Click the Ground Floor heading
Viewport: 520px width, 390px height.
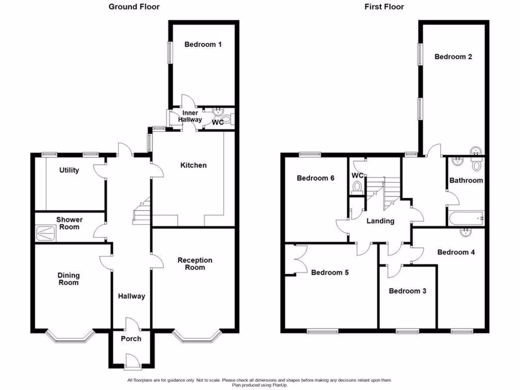(x=134, y=7)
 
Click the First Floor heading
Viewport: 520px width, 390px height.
(x=384, y=7)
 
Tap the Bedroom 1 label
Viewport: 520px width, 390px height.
(x=203, y=44)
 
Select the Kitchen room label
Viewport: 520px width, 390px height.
(x=193, y=165)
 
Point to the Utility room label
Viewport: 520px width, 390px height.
(x=69, y=170)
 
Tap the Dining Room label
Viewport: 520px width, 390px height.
(x=69, y=279)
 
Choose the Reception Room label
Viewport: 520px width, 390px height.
(x=194, y=264)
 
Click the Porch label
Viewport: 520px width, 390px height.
(x=131, y=339)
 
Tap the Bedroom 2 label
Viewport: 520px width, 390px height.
(x=453, y=57)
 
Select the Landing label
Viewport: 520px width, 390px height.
(x=380, y=221)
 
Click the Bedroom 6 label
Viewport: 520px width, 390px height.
(x=315, y=178)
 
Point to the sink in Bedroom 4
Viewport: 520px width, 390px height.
(x=466, y=233)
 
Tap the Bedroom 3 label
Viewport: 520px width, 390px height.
(x=407, y=291)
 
